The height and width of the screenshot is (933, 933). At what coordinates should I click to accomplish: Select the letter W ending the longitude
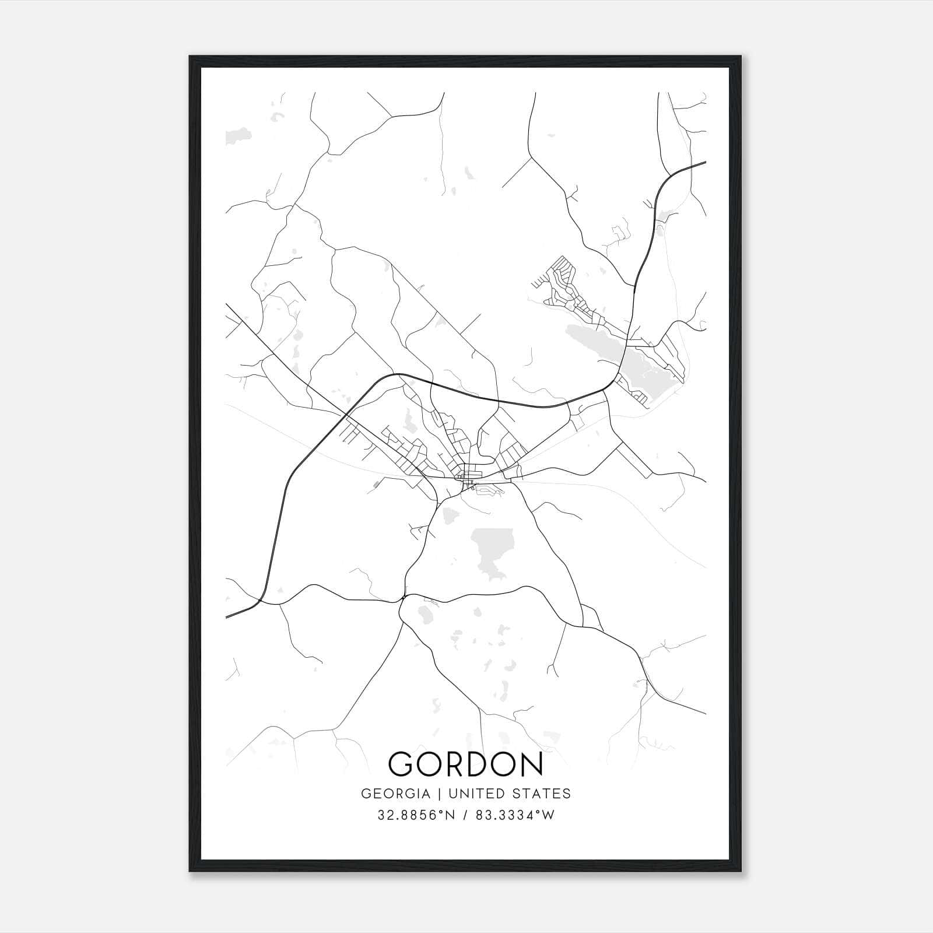pyautogui.click(x=549, y=815)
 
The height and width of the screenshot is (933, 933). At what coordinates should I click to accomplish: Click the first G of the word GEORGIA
pyautogui.click(x=366, y=794)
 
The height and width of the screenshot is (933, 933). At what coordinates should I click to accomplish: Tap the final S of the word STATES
pyautogui.click(x=567, y=794)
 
